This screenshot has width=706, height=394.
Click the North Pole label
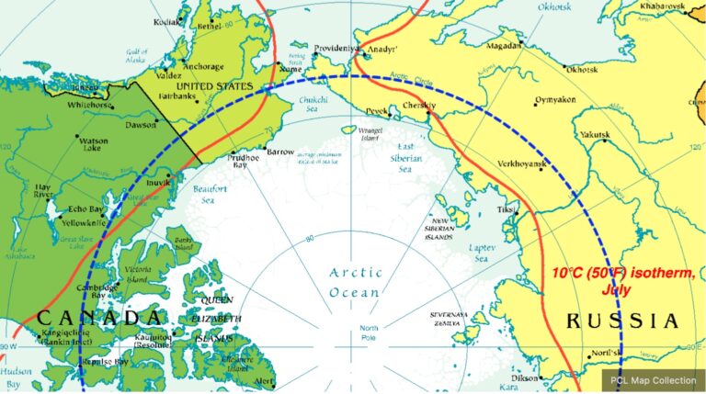coord(370,332)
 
